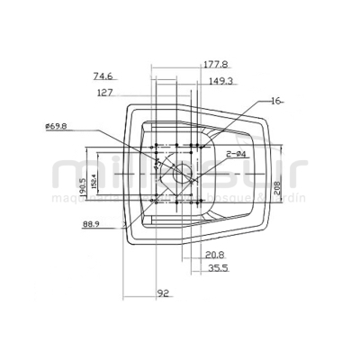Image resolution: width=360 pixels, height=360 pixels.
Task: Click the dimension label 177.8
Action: [189, 65]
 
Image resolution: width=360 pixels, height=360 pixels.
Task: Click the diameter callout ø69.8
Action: [57, 127]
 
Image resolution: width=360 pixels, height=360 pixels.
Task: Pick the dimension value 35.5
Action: [219, 267]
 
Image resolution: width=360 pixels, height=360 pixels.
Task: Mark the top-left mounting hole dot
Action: [157, 144]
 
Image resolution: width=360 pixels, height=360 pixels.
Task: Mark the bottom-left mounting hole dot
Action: [157, 202]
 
